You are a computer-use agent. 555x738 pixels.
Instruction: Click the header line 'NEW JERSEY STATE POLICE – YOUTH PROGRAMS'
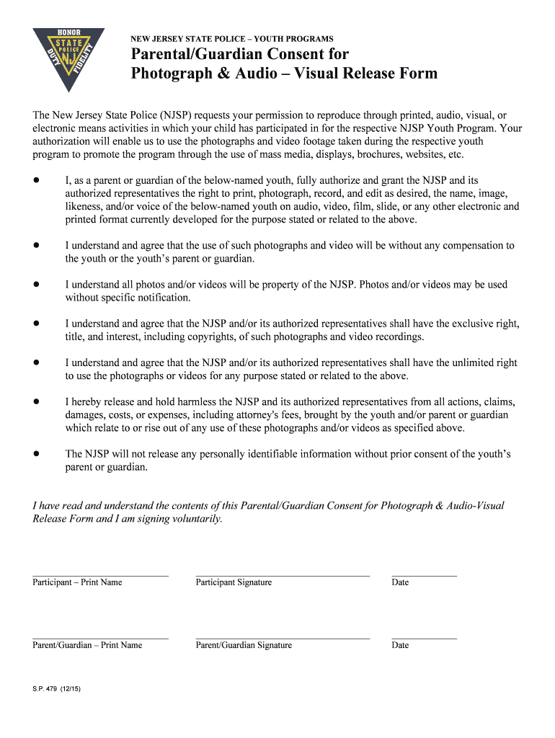coord(231,38)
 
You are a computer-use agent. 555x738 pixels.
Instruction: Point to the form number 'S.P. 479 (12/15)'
coord(56,689)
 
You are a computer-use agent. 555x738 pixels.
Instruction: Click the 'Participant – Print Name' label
coord(77,582)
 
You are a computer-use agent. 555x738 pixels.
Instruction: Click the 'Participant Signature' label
coord(234,582)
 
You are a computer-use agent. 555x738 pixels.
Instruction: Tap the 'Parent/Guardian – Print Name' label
coord(87,645)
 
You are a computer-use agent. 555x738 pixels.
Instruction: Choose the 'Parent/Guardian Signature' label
coord(244,645)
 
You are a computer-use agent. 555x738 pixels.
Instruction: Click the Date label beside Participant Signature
coord(400,582)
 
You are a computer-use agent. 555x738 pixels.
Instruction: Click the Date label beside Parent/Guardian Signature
coord(400,645)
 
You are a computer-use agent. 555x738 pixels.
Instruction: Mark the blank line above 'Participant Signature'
coord(283,576)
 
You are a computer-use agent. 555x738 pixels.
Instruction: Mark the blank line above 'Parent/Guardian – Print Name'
coord(100,639)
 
